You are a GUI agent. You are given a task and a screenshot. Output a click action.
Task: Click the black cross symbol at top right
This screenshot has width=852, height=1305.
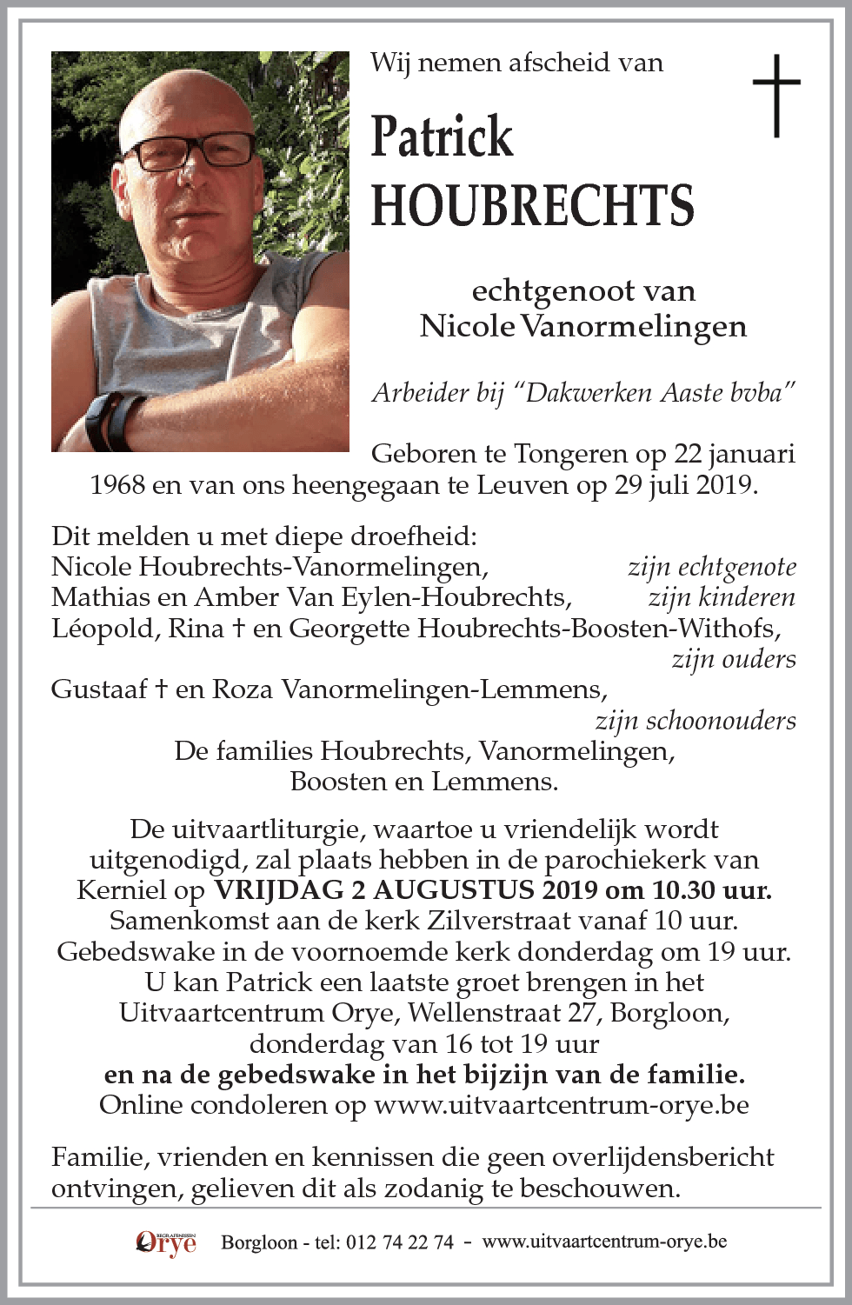[x=776, y=95]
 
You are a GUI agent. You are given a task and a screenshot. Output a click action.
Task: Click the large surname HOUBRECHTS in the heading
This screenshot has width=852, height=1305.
[x=532, y=206]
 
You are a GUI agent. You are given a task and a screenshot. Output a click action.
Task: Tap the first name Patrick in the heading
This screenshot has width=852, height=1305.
[x=442, y=137]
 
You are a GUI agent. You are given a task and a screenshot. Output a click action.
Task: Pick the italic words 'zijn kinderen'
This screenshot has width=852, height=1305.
[x=721, y=597]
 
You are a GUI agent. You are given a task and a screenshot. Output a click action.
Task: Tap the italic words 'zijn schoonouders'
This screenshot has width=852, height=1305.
[x=696, y=721]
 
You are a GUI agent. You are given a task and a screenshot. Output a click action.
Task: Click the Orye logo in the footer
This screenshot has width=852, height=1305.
[x=166, y=1242]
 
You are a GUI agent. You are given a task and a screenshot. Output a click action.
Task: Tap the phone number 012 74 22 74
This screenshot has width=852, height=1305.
[x=399, y=1242]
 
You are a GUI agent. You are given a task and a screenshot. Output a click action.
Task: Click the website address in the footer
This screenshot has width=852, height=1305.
[x=604, y=1242]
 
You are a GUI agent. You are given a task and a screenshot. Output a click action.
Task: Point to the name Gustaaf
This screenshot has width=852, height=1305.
[x=100, y=689]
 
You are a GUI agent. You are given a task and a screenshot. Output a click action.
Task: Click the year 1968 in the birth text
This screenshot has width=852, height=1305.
[x=117, y=485]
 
